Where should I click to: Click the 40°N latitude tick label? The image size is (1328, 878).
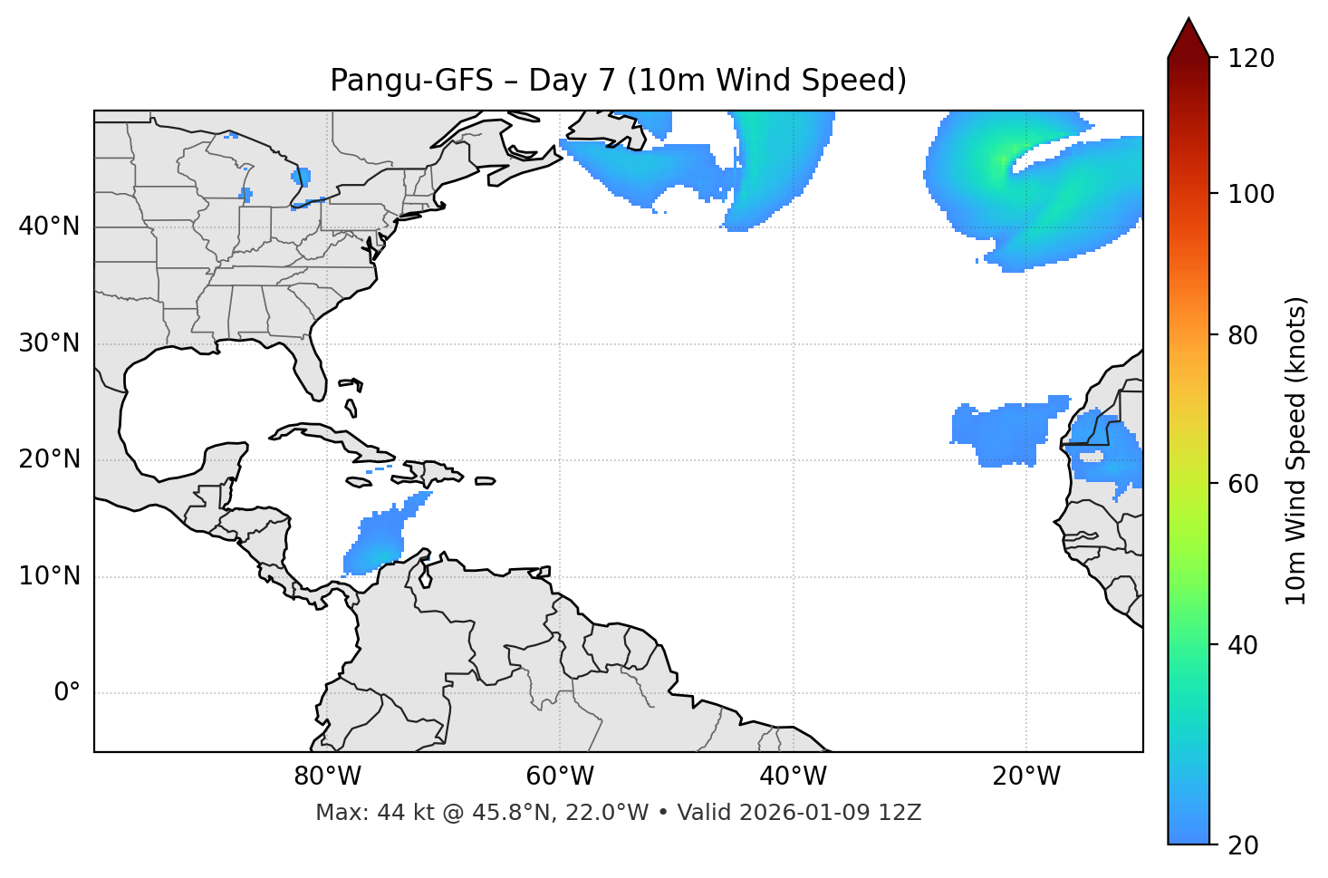point(49,227)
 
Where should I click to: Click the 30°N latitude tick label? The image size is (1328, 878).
point(49,343)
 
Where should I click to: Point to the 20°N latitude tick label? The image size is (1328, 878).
point(49,459)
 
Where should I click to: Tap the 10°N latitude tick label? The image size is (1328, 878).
point(49,576)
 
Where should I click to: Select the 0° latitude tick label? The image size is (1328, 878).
point(67,693)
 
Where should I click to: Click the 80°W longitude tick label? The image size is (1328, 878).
point(327,777)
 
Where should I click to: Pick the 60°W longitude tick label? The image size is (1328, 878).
point(560,777)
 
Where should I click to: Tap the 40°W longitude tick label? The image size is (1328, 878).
point(793,777)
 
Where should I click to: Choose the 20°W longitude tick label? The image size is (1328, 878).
point(1026,777)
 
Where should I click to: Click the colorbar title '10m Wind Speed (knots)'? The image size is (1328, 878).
point(1296,450)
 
